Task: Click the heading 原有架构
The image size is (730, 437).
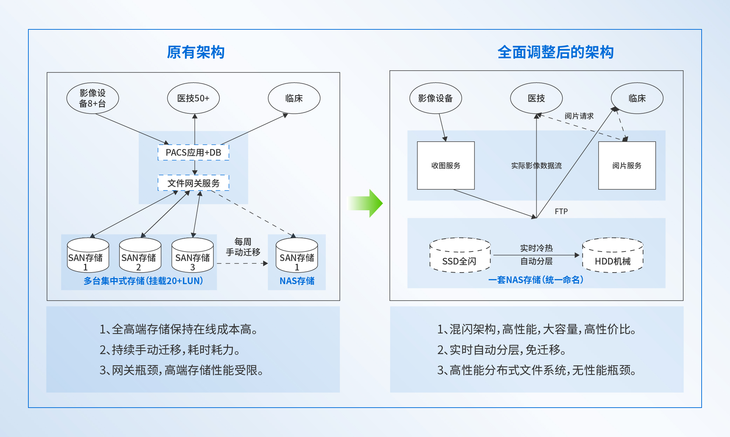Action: pyautogui.click(x=195, y=52)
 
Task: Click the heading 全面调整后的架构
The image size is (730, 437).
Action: pyautogui.click(x=555, y=52)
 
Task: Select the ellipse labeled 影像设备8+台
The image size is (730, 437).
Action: pyautogui.click(x=92, y=98)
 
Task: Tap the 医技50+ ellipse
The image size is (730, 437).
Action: pyautogui.click(x=193, y=98)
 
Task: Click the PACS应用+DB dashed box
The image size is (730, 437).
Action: pyautogui.click(x=193, y=153)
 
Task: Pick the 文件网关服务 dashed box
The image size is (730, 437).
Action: pyautogui.click(x=193, y=183)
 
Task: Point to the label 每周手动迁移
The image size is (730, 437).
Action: pyautogui.click(x=243, y=247)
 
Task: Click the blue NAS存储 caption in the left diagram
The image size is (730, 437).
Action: pyautogui.click(x=297, y=281)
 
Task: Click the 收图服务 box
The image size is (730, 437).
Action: pyautogui.click(x=446, y=165)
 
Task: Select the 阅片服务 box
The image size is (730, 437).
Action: pyautogui.click(x=627, y=165)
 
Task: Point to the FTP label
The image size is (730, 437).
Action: pyautogui.click(x=561, y=211)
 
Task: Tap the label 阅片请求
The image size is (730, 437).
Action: pyautogui.click(x=579, y=116)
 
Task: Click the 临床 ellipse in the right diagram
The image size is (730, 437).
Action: pyautogui.click(x=637, y=98)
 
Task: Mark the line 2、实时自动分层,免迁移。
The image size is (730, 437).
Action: pyautogui.click(x=501, y=350)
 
